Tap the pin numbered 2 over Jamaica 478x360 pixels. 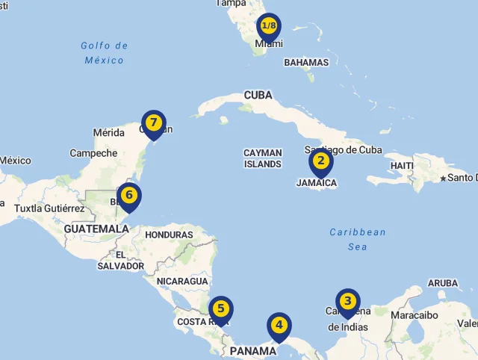point(321,161)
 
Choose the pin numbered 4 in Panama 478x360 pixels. point(279,326)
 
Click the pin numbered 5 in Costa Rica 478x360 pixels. point(221,308)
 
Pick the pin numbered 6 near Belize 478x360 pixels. point(129,196)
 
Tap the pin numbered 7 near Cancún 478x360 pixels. point(154,122)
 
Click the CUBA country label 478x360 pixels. point(258,96)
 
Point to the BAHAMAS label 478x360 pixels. point(306,63)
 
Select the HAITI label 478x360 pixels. point(402,165)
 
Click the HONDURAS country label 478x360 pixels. point(169,235)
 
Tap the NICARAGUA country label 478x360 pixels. point(182,282)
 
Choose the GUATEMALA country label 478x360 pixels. point(96,229)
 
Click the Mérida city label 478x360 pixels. point(108,133)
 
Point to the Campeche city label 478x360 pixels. point(93,153)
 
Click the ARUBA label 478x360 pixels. point(442,283)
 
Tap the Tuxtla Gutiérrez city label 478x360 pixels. point(49,208)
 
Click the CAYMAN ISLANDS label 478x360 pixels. point(262,158)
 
